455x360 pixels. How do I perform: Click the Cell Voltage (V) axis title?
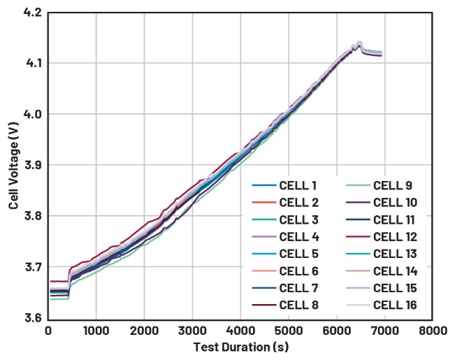[14, 166]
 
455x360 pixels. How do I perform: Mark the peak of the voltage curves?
[359, 43]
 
